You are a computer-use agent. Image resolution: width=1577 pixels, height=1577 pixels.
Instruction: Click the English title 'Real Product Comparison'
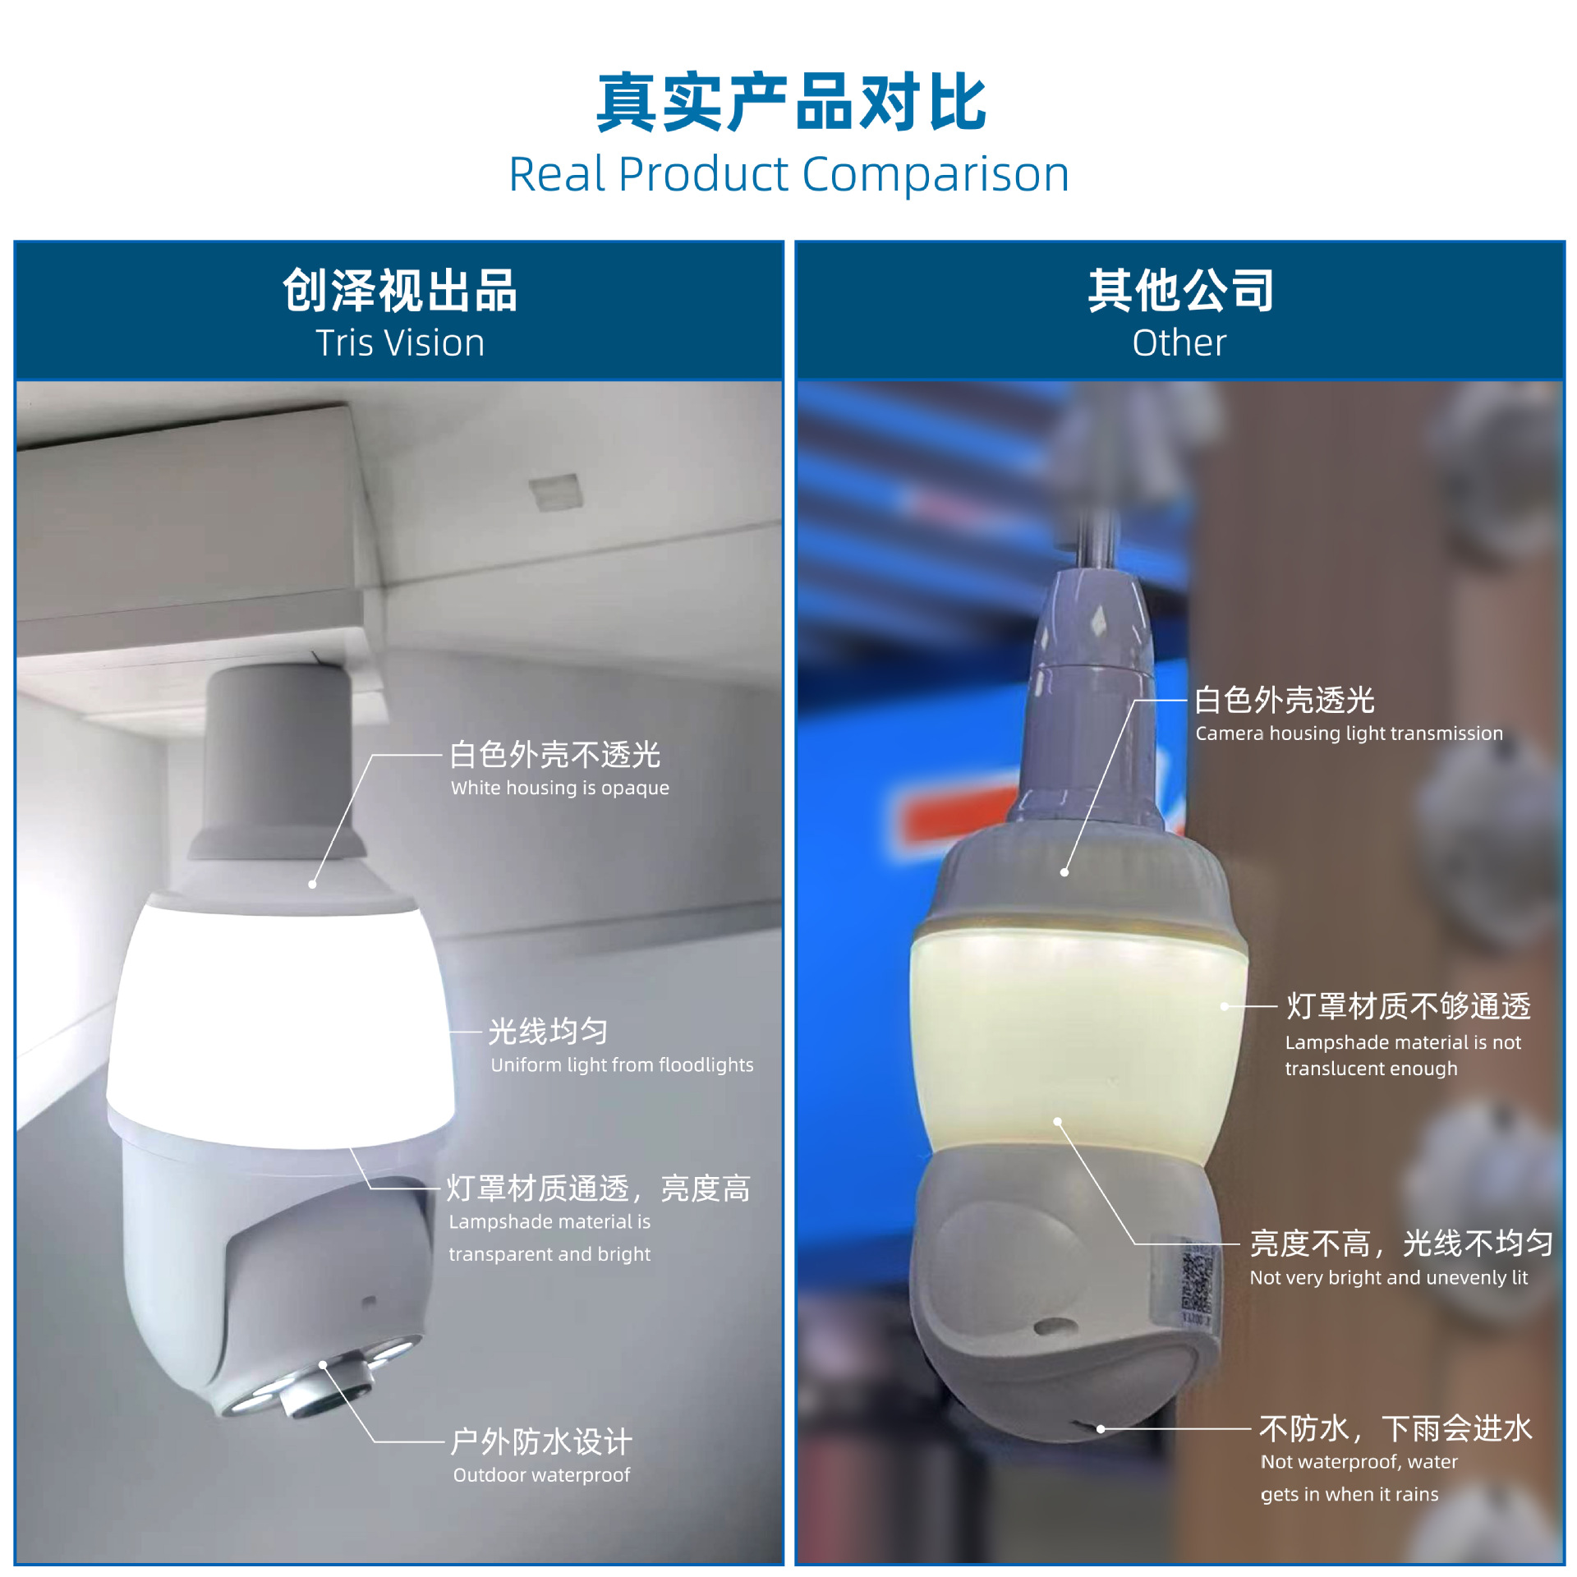click(x=788, y=174)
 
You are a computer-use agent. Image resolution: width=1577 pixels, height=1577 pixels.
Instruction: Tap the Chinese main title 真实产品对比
click(x=790, y=102)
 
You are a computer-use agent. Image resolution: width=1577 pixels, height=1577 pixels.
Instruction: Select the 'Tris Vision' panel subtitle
click(x=400, y=343)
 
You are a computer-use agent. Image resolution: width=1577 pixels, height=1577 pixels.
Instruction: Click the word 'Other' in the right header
click(x=1179, y=343)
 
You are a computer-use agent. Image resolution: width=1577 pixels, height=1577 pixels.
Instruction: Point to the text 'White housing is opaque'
click(x=559, y=788)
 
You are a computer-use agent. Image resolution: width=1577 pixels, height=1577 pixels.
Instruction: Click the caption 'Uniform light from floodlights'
click(x=622, y=1064)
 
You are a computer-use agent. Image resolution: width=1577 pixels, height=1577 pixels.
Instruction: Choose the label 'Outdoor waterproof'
click(x=541, y=1474)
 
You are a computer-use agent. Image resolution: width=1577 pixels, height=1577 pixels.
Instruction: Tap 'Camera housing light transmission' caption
click(x=1349, y=733)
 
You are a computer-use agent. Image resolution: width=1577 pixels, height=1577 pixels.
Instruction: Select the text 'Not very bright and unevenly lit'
click(x=1388, y=1277)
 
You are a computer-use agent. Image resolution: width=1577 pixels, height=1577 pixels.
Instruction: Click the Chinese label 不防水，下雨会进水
click(x=1395, y=1429)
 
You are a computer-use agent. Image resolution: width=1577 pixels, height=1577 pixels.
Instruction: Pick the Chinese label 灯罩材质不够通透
click(x=1408, y=1006)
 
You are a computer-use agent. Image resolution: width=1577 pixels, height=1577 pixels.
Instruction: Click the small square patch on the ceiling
click(x=556, y=492)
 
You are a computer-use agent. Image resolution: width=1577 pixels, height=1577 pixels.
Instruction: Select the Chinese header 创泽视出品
click(x=400, y=291)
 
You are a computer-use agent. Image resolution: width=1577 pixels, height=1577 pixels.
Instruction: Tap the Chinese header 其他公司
click(x=1180, y=291)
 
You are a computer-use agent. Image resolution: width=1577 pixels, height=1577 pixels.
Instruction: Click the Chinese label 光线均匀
click(x=548, y=1032)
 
